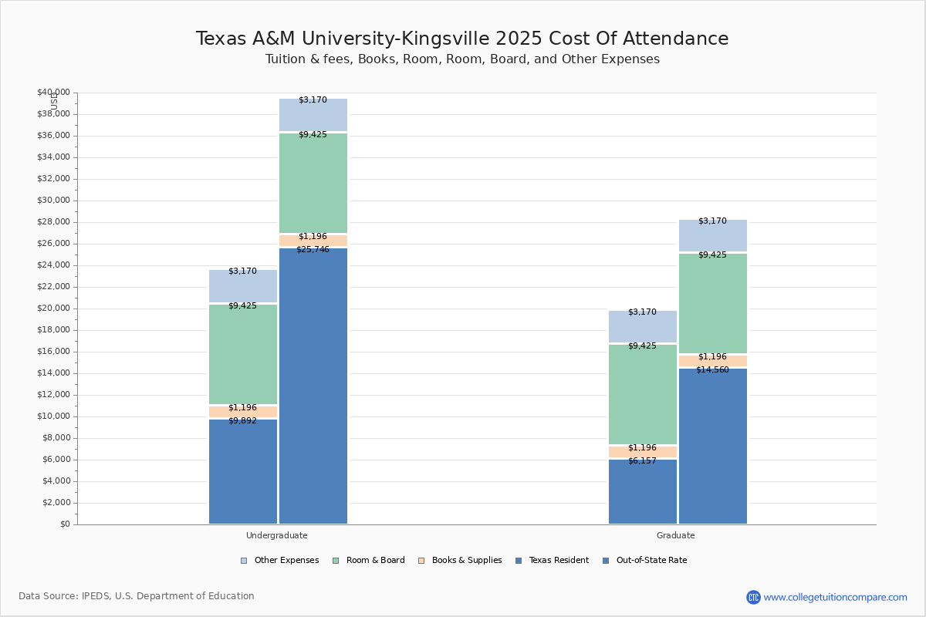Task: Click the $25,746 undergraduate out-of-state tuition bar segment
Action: [x=313, y=386]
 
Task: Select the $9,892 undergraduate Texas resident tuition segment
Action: [x=243, y=471]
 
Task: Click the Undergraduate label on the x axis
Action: [x=277, y=535]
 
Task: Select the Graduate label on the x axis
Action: [x=676, y=535]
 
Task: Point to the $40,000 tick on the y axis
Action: [x=53, y=93]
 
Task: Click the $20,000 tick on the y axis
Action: [x=53, y=308]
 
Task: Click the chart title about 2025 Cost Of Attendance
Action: [x=462, y=39]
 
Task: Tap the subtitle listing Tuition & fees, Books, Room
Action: [x=462, y=59]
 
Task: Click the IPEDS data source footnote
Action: [x=137, y=596]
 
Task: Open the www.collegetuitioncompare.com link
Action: [x=835, y=597]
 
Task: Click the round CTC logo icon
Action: [x=753, y=597]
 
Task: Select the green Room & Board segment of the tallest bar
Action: [x=313, y=183]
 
